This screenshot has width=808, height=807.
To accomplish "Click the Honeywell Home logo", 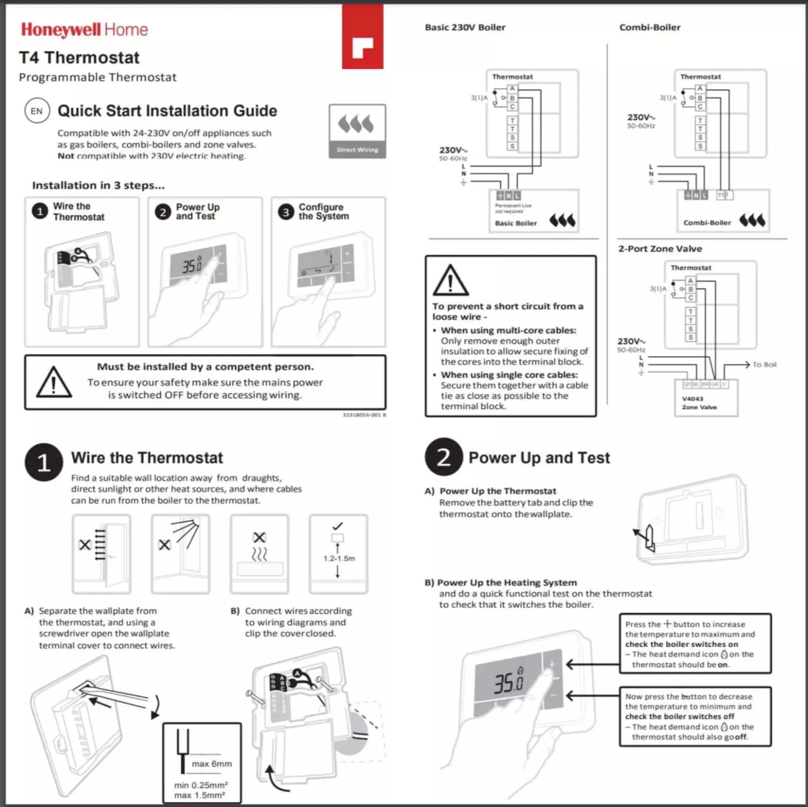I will [x=84, y=30].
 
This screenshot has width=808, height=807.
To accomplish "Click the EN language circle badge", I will [x=37, y=111].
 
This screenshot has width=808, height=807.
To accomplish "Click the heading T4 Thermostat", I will [x=79, y=57].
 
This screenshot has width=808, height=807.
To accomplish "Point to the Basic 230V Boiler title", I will [x=465, y=27].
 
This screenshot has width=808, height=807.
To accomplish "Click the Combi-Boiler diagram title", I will [x=650, y=27].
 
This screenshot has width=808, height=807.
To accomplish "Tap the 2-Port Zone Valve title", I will [x=661, y=249].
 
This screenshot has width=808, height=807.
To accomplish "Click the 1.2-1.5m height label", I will [x=339, y=559].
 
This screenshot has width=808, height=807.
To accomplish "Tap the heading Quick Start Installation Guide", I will [x=167, y=111].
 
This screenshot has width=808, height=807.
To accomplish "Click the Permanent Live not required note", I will [x=513, y=209].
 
